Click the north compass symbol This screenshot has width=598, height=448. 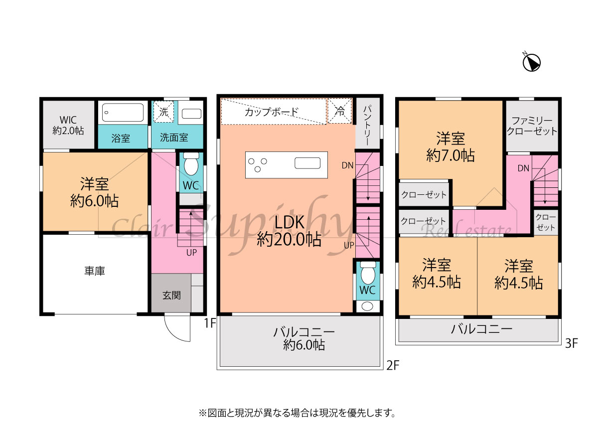tap(531, 62)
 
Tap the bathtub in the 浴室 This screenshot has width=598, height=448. tap(123, 112)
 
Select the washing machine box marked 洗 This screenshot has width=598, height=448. tap(163, 112)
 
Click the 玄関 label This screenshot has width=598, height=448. tap(171, 296)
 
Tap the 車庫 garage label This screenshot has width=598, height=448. tap(95, 271)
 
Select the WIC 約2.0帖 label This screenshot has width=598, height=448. tap(68, 125)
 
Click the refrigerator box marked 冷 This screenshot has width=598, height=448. tap(339, 111)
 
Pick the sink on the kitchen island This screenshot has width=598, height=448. tap(307, 163)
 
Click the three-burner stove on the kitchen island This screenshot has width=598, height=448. tap(258, 165)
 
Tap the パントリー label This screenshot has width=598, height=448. tap(367, 125)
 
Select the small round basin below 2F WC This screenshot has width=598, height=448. tap(367, 306)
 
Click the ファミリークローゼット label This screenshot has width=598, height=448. tap(532, 126)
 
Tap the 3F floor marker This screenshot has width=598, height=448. tap(571, 343)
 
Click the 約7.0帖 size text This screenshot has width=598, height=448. tap(450, 155)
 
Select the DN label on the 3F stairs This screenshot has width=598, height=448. tap(523, 168)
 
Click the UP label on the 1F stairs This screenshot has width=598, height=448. tap(191, 253)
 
